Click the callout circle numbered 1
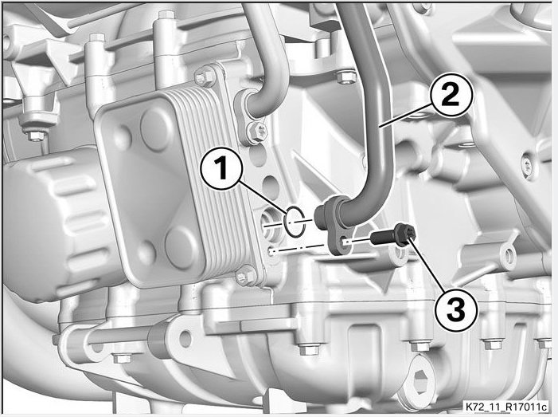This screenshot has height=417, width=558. click(x=221, y=168)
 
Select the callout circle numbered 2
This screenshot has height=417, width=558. click(x=451, y=96)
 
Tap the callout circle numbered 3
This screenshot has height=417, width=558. click(x=456, y=309)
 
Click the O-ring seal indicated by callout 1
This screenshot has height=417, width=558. click(x=295, y=222)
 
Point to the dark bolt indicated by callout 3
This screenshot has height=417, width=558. click(x=393, y=235)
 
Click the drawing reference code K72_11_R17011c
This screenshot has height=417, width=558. click(x=506, y=407)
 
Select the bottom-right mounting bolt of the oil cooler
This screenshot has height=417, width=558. click(x=244, y=276)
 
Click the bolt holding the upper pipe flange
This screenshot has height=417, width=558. click(x=257, y=132)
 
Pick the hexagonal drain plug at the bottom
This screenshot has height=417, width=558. click(x=422, y=379)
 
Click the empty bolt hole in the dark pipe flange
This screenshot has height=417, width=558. click(x=345, y=242)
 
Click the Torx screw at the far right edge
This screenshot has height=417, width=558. click(x=527, y=165)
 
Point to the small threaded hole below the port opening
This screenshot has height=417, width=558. click(x=271, y=252)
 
